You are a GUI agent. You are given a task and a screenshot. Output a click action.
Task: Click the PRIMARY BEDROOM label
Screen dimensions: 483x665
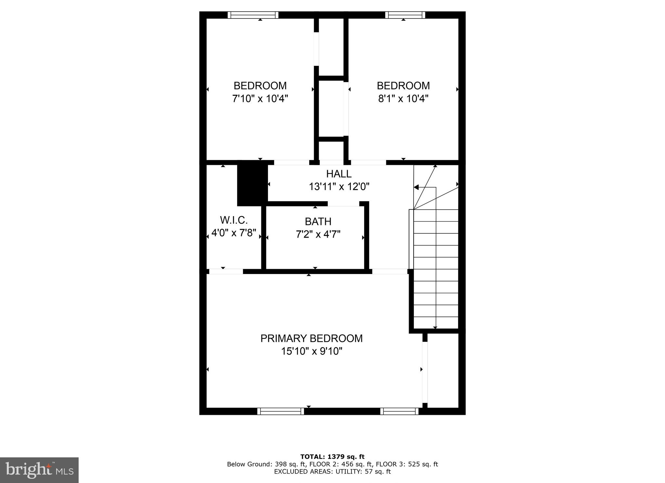[x=311, y=338]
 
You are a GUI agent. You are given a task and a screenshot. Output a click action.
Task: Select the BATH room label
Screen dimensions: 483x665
[x=318, y=221]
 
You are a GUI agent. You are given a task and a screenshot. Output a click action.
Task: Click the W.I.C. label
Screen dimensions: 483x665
[x=234, y=220]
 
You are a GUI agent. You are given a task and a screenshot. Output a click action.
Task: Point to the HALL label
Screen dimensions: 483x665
[x=339, y=174]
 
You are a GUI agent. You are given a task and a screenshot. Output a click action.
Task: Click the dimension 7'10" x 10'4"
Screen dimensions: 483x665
[x=260, y=98]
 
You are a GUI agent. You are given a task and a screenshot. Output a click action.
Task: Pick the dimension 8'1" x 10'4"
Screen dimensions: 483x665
[x=403, y=98]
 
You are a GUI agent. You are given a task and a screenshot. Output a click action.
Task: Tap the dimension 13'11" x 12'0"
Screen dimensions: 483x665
[x=339, y=187]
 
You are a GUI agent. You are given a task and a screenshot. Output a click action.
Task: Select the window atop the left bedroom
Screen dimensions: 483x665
[x=253, y=15]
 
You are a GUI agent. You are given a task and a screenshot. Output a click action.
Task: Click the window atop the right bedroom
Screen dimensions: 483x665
[x=405, y=15]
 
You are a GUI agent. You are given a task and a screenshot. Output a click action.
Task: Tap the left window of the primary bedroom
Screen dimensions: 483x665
[x=281, y=411]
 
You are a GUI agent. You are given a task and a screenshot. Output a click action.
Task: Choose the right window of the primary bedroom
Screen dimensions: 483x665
[x=399, y=411]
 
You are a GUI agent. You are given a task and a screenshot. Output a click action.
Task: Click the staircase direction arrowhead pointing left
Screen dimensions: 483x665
[x=416, y=187]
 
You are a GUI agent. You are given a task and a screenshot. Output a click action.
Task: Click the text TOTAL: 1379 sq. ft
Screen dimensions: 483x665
[x=332, y=457]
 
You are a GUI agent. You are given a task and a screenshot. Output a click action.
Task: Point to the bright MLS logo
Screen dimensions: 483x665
[x=39, y=470]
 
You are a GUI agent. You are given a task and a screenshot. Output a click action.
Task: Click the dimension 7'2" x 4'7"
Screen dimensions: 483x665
[x=318, y=234]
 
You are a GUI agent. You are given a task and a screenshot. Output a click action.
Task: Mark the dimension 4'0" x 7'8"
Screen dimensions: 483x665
[x=234, y=233]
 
